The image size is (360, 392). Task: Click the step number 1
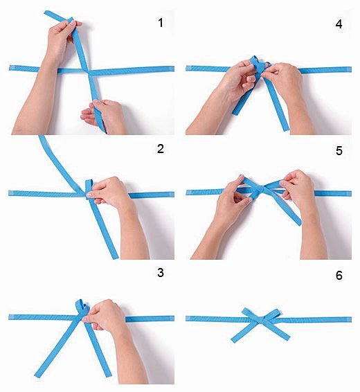pyautogui.click(x=161, y=23)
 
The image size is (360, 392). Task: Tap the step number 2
pyautogui.click(x=161, y=149)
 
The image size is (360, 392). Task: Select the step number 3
pyautogui.click(x=161, y=272)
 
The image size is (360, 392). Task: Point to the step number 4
pyautogui.click(x=339, y=23)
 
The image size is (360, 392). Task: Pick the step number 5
pyautogui.click(x=339, y=150)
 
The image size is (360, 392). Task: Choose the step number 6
pyautogui.click(x=339, y=275)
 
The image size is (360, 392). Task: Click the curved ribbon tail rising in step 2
pyautogui.click(x=55, y=156)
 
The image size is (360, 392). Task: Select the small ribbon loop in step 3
pyautogui.click(x=82, y=307)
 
